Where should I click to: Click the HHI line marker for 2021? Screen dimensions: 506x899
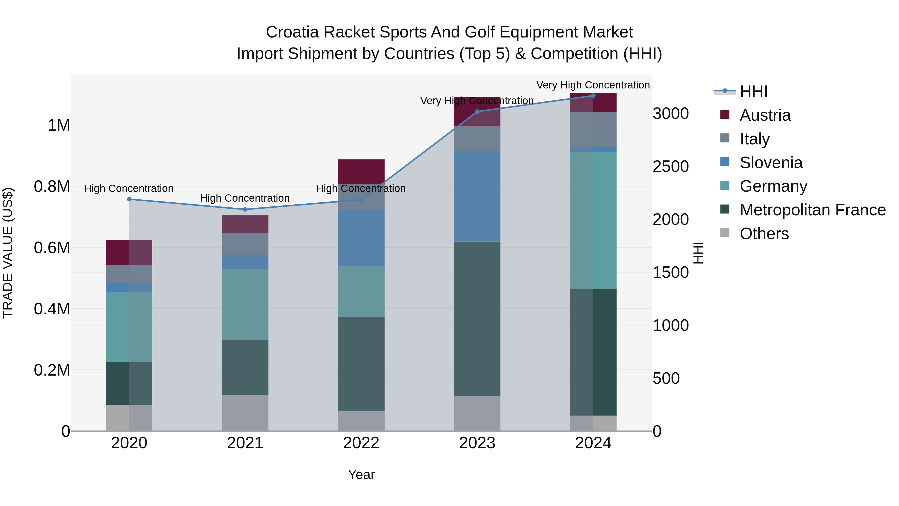point(245,210)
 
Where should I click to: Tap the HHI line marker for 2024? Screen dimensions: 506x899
point(593,95)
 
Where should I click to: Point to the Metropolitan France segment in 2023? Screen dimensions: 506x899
point(477,319)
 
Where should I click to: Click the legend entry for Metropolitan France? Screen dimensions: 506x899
point(812,210)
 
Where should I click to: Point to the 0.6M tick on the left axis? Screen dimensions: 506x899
point(52,248)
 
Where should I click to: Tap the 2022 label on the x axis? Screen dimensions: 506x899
point(361,443)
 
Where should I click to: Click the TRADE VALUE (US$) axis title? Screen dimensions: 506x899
point(8,253)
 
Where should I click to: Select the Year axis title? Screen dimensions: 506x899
point(361,475)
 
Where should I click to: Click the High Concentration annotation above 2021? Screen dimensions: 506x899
point(245,198)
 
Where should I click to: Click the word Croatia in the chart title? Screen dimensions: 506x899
point(292,32)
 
